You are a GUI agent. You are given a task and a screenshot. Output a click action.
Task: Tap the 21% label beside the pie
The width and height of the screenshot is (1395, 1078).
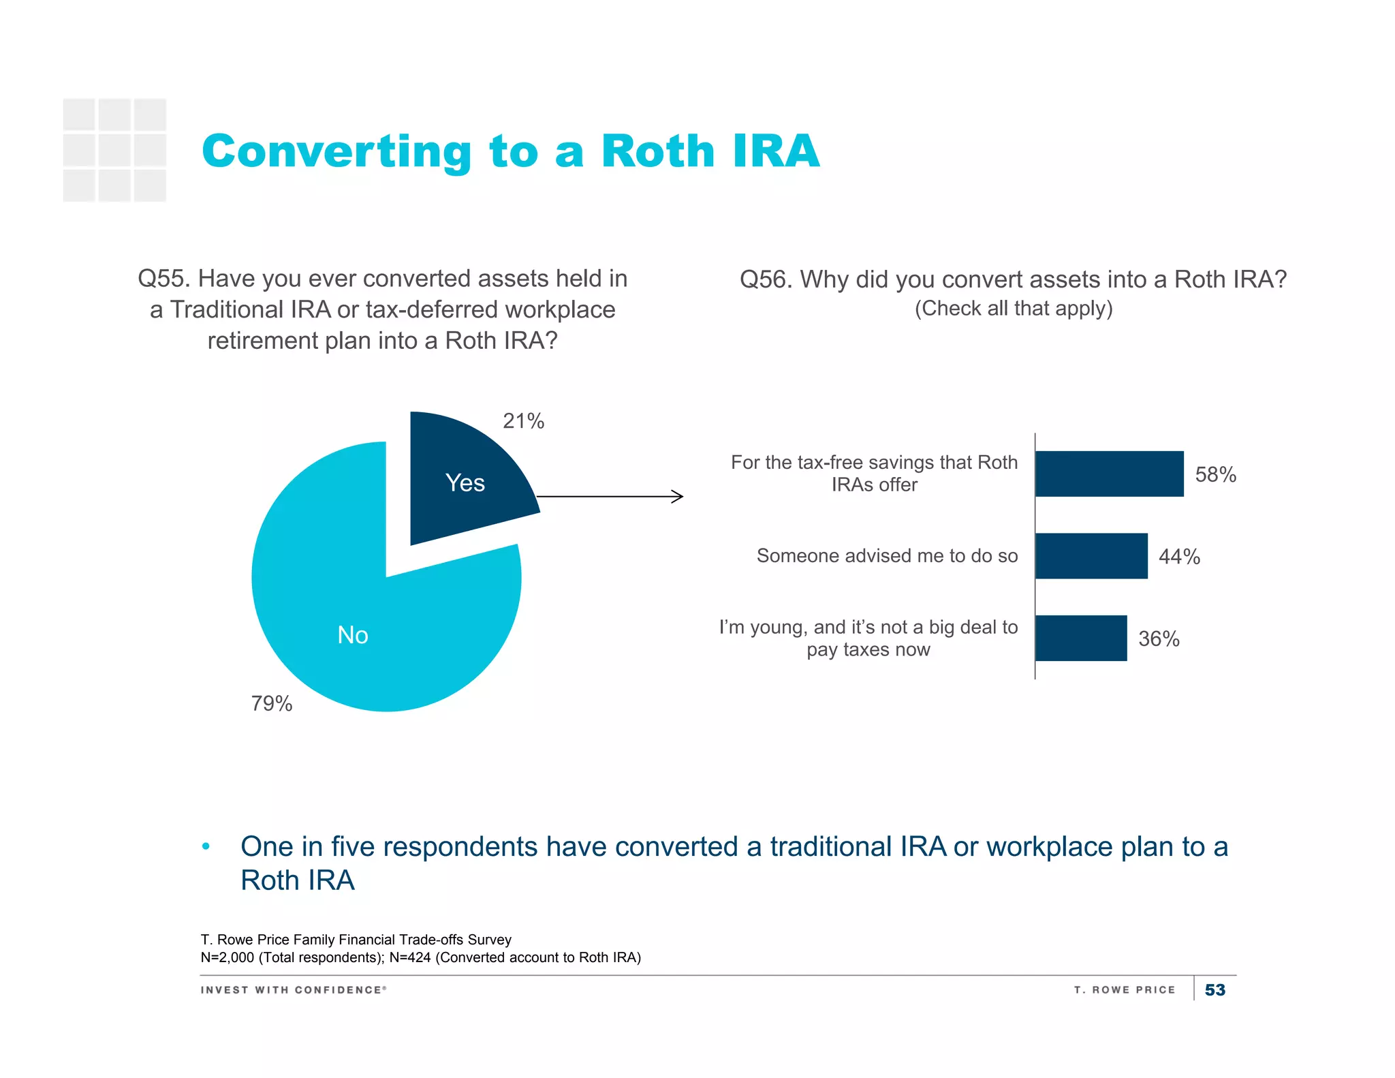pyautogui.click(x=523, y=421)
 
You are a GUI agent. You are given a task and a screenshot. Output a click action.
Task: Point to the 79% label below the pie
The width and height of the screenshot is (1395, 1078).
pyautogui.click(x=272, y=703)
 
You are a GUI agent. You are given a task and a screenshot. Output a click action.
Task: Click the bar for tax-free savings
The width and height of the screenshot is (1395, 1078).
pyautogui.click(x=1109, y=474)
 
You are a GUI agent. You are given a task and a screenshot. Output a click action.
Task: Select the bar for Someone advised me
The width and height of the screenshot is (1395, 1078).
pyautogui.click(x=1091, y=556)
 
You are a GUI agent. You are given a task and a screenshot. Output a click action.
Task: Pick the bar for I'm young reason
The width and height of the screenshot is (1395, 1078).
pyautogui.click(x=1081, y=638)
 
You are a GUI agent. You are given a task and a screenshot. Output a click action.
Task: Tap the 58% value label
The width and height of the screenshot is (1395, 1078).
pyautogui.click(x=1216, y=474)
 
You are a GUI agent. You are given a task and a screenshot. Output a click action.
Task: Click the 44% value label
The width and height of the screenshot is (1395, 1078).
pyautogui.click(x=1180, y=557)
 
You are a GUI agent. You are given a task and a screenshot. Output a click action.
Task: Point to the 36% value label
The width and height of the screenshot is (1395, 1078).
pyautogui.click(x=1159, y=639)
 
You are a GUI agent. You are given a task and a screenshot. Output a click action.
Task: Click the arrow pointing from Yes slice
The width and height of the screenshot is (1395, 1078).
pyautogui.click(x=610, y=497)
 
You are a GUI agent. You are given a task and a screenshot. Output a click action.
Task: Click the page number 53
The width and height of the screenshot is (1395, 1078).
pyautogui.click(x=1215, y=990)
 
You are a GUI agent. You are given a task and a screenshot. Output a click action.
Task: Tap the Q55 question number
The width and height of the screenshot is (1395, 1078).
pyautogui.click(x=163, y=279)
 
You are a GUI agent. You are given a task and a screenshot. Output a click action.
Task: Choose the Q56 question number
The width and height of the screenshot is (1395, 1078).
pyautogui.click(x=766, y=280)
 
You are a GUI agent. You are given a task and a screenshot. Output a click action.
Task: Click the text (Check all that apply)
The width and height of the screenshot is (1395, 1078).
pyautogui.click(x=1014, y=309)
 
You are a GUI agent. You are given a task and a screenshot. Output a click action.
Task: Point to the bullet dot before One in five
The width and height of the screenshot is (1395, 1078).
pyautogui.click(x=206, y=847)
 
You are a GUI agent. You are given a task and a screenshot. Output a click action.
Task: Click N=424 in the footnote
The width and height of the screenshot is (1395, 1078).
pyautogui.click(x=410, y=957)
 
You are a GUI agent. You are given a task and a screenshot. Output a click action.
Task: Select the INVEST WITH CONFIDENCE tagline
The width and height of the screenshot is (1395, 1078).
pyautogui.click(x=294, y=990)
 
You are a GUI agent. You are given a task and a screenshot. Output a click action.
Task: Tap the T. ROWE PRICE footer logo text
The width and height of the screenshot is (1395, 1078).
pyautogui.click(x=1125, y=990)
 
